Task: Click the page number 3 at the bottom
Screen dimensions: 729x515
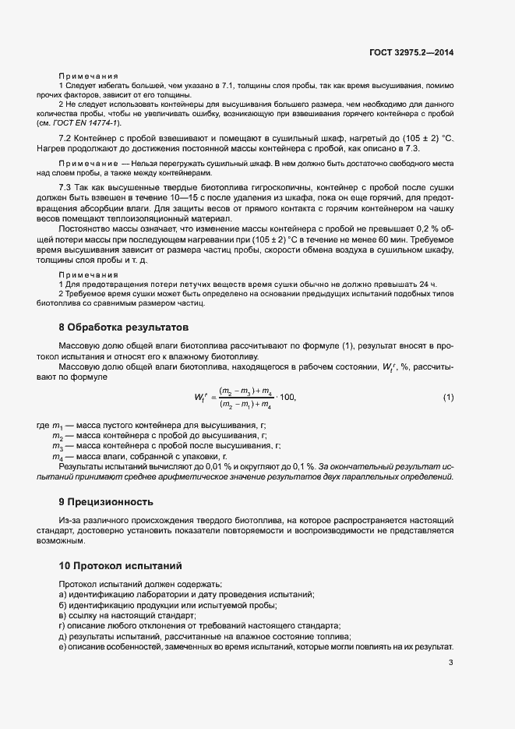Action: (450, 663)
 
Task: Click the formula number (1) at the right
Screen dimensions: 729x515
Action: (448, 398)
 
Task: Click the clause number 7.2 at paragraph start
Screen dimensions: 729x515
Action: (66, 139)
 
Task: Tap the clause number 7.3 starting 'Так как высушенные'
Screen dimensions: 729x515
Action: (66, 189)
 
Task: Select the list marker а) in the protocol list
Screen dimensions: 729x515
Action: (62, 594)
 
